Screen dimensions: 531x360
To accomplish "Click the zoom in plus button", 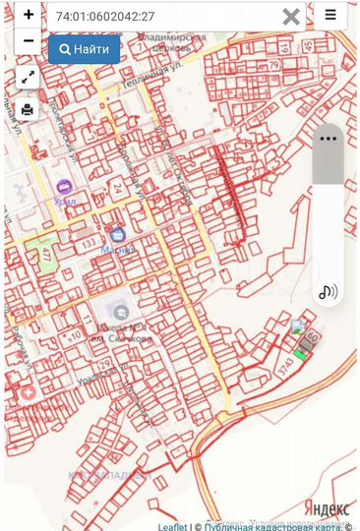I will (x=29, y=15).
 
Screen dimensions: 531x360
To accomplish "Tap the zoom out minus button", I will (x=29, y=40).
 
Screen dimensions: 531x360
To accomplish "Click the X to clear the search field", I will (x=291, y=16).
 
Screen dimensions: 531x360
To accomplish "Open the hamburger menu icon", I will (x=330, y=15).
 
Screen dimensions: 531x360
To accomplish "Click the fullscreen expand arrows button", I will (x=28, y=77).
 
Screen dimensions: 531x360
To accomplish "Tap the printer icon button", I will (x=28, y=108).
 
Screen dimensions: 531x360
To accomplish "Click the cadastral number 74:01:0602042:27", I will (x=106, y=17).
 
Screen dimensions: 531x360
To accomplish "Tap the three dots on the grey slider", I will (x=328, y=139).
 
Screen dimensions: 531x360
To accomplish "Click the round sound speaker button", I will (x=328, y=291).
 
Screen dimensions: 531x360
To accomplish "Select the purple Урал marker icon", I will (x=65, y=186).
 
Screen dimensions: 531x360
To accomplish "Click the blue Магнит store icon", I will (x=118, y=235).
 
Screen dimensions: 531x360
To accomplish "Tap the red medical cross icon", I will (x=27, y=392).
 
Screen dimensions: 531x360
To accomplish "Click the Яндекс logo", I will (x=326, y=507).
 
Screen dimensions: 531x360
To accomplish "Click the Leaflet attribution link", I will (x=172, y=526).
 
